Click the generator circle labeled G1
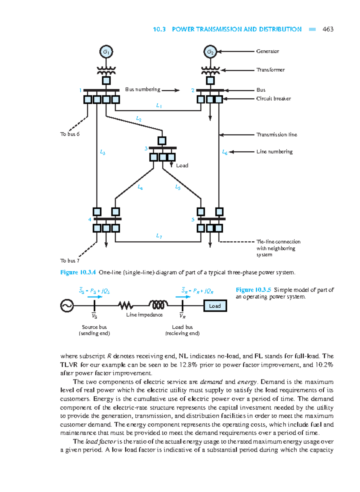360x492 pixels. click(106, 52)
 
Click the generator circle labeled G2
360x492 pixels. click(210, 52)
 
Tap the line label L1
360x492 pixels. click(159, 106)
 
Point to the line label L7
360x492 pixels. click(159, 236)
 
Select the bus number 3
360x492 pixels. click(146, 148)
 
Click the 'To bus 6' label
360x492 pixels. click(70, 134)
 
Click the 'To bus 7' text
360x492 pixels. click(70, 261)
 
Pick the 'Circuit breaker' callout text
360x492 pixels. click(273, 99)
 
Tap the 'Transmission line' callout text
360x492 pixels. click(277, 135)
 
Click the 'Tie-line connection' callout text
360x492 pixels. click(278, 242)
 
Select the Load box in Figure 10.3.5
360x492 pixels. click(215, 306)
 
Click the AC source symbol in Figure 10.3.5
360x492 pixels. click(67, 306)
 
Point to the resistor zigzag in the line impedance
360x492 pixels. click(126, 306)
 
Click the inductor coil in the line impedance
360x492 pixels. click(158, 305)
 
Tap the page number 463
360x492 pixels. click(328, 29)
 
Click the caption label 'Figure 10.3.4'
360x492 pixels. click(78, 272)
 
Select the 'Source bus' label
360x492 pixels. click(94, 327)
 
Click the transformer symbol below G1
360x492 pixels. click(106, 71)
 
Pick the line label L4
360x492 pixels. click(140, 187)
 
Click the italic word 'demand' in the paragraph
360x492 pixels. click(211, 382)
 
